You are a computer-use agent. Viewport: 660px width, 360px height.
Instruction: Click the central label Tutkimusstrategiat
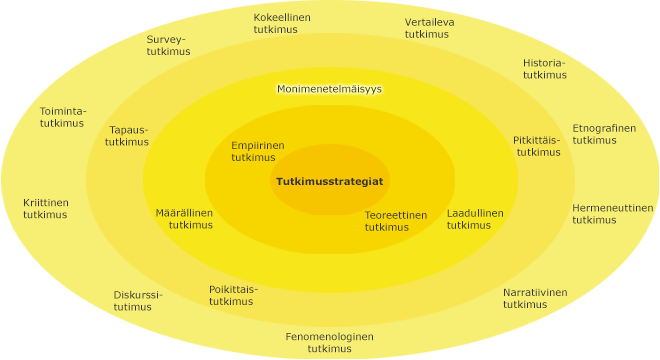pyautogui.click(x=329, y=181)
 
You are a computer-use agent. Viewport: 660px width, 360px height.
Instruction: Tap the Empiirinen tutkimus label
pyautogui.click(x=257, y=151)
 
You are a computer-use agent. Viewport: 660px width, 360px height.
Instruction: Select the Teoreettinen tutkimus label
pyautogui.click(x=395, y=220)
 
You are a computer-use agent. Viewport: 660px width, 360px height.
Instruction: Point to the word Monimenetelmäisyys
pyautogui.click(x=329, y=89)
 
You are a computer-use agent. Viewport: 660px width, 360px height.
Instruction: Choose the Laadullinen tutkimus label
pyautogui.click(x=474, y=219)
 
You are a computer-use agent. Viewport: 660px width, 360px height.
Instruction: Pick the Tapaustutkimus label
pyautogui.click(x=127, y=135)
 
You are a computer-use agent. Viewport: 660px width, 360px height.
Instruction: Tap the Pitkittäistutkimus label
pyautogui.click(x=537, y=146)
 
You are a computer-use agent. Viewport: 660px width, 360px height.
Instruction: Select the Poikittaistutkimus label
pyautogui.click(x=232, y=295)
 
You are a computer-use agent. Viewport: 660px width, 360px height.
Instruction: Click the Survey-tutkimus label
pyautogui.click(x=167, y=45)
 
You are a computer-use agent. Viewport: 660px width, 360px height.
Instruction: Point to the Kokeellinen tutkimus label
pyautogui.click(x=281, y=24)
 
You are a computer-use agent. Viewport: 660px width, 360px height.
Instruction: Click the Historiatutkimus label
pyautogui.click(x=544, y=68)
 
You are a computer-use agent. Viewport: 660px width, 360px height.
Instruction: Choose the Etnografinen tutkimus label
pyautogui.click(x=603, y=134)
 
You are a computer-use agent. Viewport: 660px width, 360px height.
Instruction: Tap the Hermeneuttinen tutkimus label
pyautogui.click(x=612, y=213)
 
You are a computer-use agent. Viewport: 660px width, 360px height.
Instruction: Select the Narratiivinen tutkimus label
pyautogui.click(x=534, y=298)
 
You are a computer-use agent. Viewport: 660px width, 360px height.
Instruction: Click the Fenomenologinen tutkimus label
pyautogui.click(x=329, y=342)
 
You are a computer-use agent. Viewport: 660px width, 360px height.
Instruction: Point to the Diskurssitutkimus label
pyautogui.click(x=137, y=300)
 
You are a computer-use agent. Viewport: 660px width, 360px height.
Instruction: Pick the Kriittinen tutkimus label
pyautogui.click(x=46, y=208)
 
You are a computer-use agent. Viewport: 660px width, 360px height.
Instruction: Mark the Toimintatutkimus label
pyautogui.click(x=62, y=116)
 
